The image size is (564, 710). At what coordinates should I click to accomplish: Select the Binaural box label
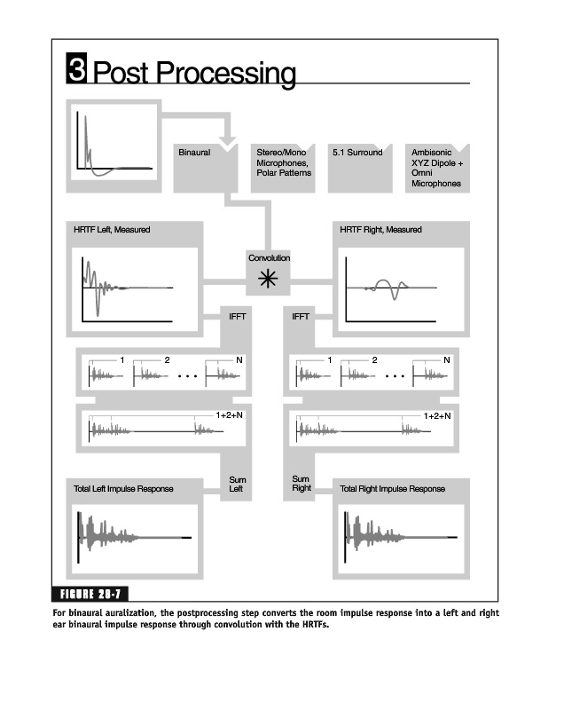[x=194, y=153]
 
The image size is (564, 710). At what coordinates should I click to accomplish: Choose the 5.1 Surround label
[x=357, y=153]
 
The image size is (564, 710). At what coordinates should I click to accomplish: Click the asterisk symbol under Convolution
[x=268, y=280]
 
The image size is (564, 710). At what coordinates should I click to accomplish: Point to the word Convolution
[x=269, y=257]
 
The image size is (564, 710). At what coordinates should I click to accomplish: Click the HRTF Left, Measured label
[x=112, y=230]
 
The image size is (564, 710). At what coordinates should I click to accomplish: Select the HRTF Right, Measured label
[x=380, y=230]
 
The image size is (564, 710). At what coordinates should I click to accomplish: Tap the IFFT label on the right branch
[x=300, y=316]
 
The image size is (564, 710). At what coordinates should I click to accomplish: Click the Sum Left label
[x=237, y=484]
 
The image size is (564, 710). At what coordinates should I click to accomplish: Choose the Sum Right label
[x=302, y=484]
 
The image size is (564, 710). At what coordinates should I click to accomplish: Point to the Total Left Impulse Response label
[x=123, y=489]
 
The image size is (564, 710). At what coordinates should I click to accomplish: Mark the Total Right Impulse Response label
[x=392, y=489]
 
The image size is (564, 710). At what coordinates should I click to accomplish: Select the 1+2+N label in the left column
[x=230, y=414]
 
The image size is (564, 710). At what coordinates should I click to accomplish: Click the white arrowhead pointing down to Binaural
[x=227, y=142]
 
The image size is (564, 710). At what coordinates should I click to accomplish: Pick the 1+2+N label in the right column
[x=437, y=414]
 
